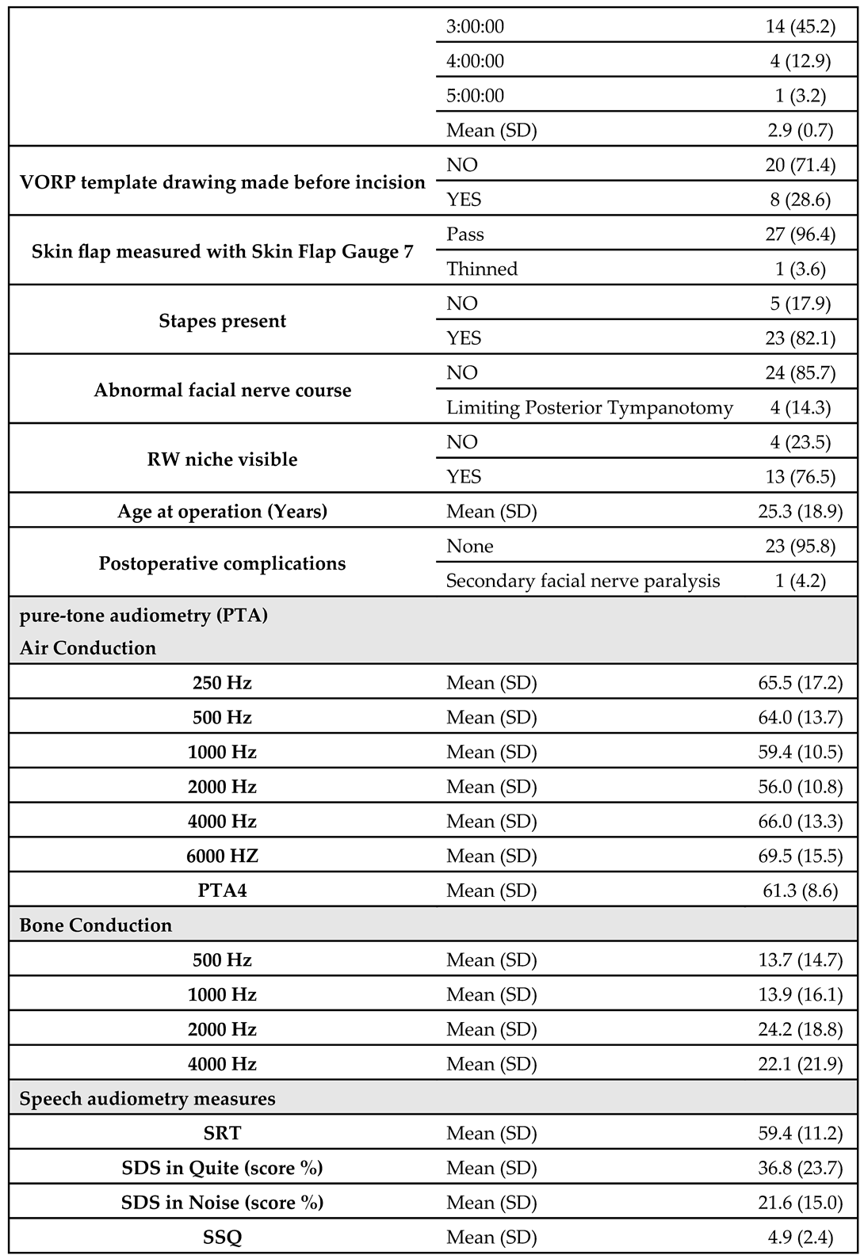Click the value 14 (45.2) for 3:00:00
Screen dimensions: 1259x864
coord(800,26)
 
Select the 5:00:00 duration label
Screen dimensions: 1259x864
coord(475,96)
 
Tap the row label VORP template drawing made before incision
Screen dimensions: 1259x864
coord(223,182)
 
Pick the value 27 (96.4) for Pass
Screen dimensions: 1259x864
coord(800,235)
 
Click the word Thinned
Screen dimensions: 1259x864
coord(482,269)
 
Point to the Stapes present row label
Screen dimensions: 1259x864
coord(223,321)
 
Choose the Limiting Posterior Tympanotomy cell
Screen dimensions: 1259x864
coord(590,408)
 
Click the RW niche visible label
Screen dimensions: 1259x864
coord(223,460)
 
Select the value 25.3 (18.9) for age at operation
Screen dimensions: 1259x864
coord(800,512)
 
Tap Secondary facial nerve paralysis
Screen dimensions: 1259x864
coord(583,581)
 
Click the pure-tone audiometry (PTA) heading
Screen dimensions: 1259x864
coord(143,616)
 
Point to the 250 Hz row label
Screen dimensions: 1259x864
coord(223,683)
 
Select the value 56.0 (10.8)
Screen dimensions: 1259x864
coord(800,787)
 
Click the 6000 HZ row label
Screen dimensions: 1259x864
coord(223,856)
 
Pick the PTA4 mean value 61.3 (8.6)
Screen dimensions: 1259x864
coord(800,891)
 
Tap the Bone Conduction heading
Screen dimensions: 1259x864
coord(96,925)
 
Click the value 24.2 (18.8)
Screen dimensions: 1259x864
coord(800,1029)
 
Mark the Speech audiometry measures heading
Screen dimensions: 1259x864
coord(147,1099)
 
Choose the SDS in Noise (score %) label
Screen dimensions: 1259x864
coord(223,1203)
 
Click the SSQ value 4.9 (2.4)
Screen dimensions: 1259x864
coord(800,1237)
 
